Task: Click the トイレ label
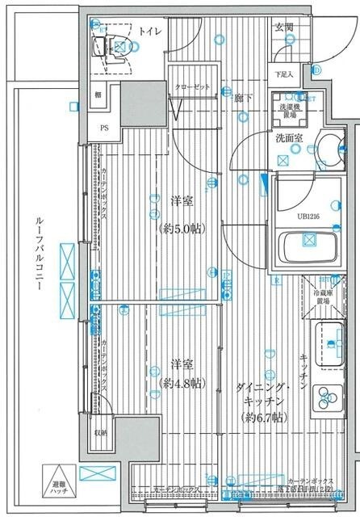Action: click(x=149, y=32)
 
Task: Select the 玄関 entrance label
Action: click(x=284, y=27)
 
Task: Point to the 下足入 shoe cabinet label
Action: click(x=283, y=74)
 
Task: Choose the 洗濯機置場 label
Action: click(x=289, y=111)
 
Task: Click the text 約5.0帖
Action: click(x=181, y=229)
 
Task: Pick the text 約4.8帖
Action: click(x=181, y=381)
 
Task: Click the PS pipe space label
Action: click(x=104, y=127)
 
